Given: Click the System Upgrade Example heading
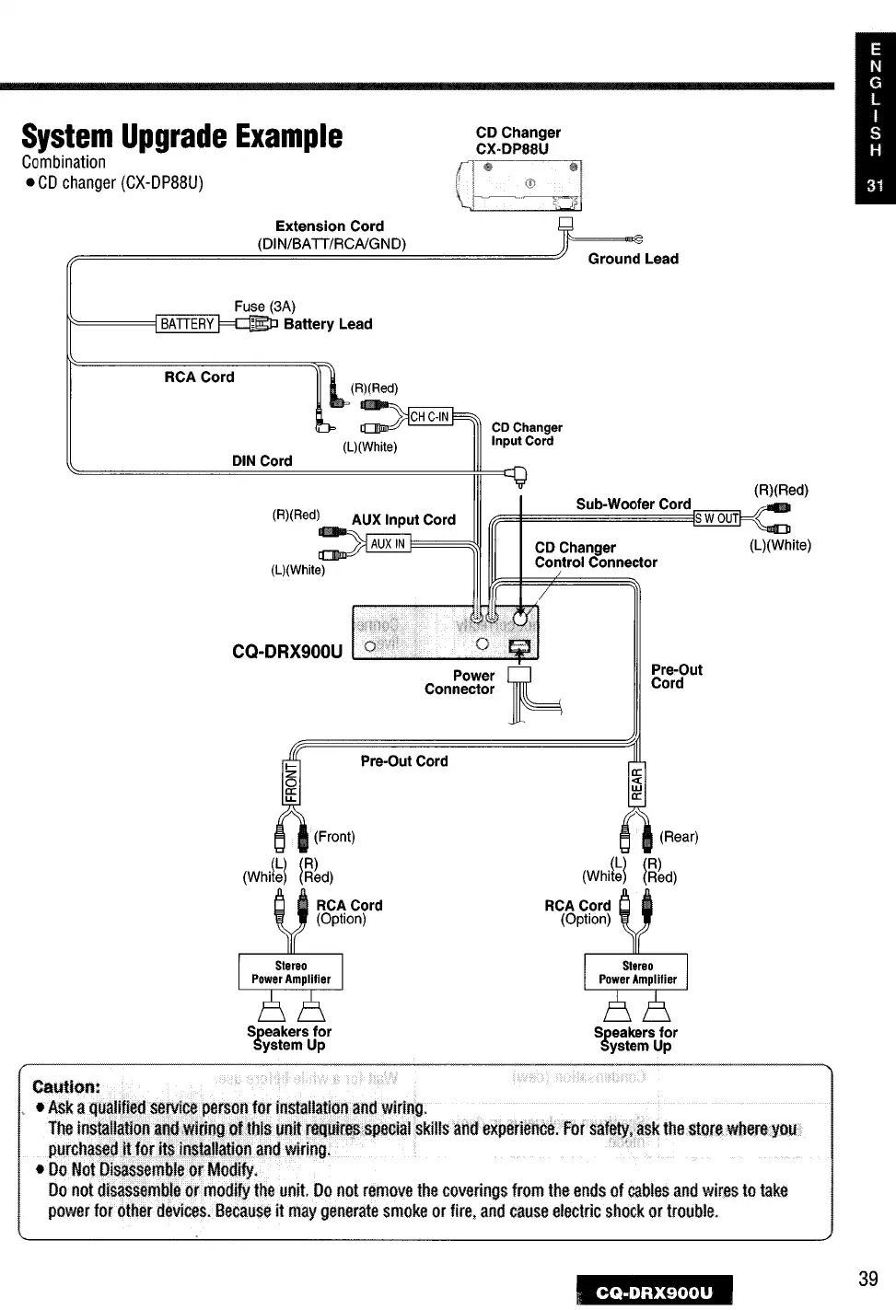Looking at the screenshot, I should (182, 137).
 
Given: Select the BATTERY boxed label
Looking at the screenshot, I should (187, 324).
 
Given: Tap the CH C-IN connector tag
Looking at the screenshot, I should (429, 417).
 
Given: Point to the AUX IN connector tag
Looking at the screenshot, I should (388, 544).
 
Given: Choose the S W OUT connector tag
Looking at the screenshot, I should (717, 518).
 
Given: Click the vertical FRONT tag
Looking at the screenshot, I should (292, 782).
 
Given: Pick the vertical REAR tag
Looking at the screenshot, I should (636, 782).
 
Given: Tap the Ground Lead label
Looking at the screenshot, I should (633, 260).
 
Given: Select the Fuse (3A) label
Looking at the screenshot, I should (264, 306).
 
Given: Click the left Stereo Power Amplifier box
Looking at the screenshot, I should (291, 972).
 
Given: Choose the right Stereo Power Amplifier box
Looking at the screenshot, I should (637, 973).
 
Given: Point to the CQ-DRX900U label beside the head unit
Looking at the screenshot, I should (286, 653).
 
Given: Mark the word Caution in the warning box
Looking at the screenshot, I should (66, 1086).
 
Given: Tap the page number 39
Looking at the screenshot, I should (867, 1278).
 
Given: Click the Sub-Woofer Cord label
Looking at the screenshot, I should (633, 504).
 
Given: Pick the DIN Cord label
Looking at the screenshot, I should (262, 461).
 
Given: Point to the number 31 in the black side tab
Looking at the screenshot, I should (874, 185).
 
